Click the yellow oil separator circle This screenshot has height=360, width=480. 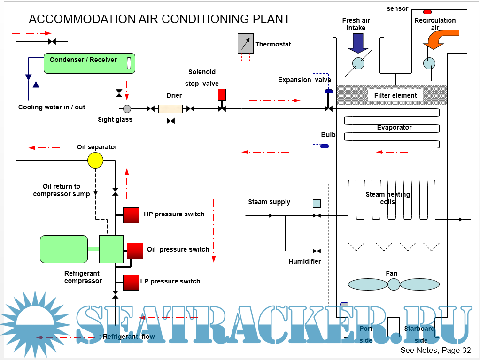(95, 161)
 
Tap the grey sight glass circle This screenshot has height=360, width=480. (127, 109)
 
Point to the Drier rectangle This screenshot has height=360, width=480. (170, 109)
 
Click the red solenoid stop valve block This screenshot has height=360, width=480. (222, 94)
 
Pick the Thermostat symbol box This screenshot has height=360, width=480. (245, 43)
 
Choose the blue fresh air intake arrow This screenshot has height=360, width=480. (358, 44)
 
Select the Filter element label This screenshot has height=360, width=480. (395, 95)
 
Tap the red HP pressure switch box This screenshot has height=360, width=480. (131, 215)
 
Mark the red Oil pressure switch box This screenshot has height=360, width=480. (135, 250)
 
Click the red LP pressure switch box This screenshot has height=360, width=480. (131, 282)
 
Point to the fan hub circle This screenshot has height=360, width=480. (394, 284)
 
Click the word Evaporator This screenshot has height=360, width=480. (394, 127)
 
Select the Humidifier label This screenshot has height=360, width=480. (304, 261)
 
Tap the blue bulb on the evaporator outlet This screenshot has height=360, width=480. (324, 146)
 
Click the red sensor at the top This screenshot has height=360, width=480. (427, 11)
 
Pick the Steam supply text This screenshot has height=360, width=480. (269, 202)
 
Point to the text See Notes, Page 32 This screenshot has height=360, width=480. (435, 351)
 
